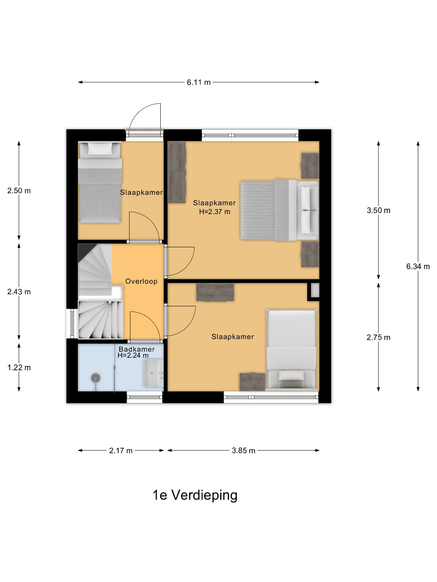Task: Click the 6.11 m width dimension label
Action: [198, 82]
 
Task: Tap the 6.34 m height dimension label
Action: [418, 266]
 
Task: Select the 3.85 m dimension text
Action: [243, 451]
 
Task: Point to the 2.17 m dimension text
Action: [121, 451]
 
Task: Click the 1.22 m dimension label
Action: [19, 368]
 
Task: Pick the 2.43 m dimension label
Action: [19, 292]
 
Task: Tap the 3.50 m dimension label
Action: [378, 210]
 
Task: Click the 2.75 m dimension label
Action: [378, 337]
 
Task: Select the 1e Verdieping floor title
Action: [195, 495]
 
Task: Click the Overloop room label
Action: [141, 281]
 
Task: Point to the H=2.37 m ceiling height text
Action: [215, 212]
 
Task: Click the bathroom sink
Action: [154, 373]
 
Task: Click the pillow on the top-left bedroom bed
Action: [100, 149]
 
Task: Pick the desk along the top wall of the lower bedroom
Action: [215, 292]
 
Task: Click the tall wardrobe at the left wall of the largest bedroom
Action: [177, 172]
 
